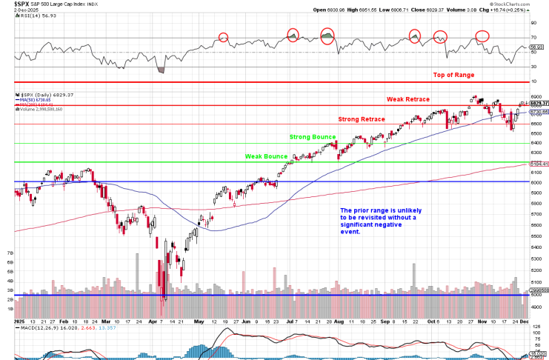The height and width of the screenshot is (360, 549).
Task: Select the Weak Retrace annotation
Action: (410, 99)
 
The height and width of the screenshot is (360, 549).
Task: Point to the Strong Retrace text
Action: (362, 119)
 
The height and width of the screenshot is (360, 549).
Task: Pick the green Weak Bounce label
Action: (267, 156)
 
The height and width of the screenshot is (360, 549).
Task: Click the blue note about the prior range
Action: (378, 221)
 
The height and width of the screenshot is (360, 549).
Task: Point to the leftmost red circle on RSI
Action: (223, 37)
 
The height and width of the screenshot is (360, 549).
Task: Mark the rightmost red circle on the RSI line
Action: (482, 35)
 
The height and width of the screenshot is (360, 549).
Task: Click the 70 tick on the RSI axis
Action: (533, 37)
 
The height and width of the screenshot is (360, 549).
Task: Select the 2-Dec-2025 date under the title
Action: (15, 11)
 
